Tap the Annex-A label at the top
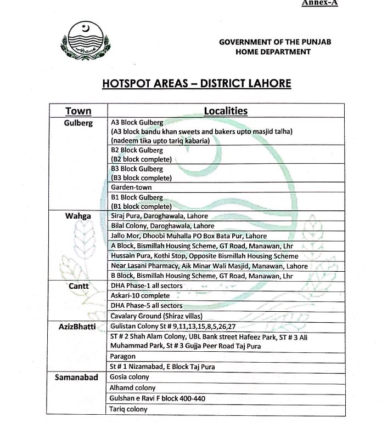[319, 3]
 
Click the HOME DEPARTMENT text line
[273, 52]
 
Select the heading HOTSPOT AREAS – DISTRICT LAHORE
[197, 83]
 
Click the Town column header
[78, 111]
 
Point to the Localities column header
[226, 111]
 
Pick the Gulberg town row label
[78, 123]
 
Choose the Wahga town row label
[78, 216]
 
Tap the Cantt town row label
[78, 286]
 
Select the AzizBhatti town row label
[77, 327]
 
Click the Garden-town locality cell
[132, 187]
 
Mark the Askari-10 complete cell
[140, 296]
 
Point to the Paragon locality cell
[123, 357]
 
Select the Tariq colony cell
[129, 409]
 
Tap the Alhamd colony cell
[133, 388]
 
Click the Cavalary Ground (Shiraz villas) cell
[156, 316]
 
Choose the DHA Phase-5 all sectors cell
[147, 306]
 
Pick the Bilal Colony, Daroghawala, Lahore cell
[162, 226]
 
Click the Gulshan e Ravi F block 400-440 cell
[158, 398]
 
